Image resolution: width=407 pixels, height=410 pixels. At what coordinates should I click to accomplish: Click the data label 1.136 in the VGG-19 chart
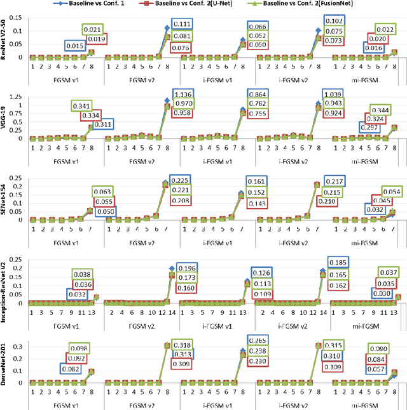pos(183,95)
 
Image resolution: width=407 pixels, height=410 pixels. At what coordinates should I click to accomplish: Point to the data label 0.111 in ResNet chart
pos(183,24)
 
